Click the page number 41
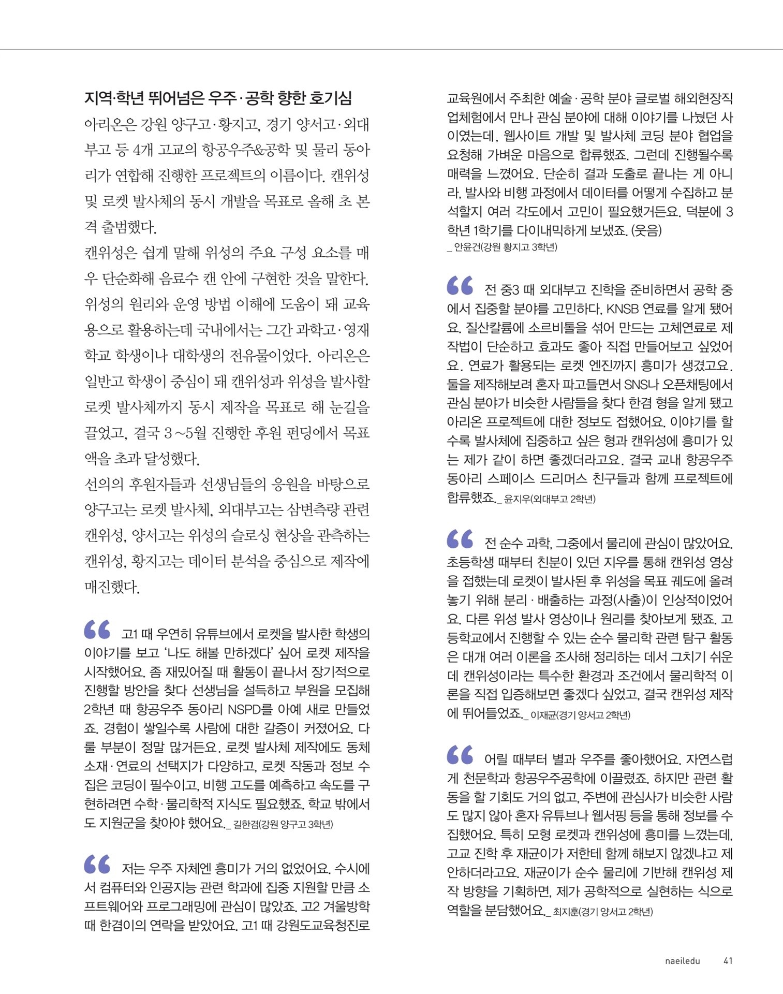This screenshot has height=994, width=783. pyautogui.click(x=728, y=961)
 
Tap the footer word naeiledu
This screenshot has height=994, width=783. pyautogui.click(x=682, y=961)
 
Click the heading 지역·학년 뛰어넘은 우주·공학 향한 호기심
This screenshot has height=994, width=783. pyautogui.click(x=218, y=98)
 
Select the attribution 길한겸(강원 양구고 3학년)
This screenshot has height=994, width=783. pyautogui.click(x=283, y=824)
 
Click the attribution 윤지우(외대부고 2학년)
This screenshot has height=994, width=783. pyautogui.click(x=550, y=499)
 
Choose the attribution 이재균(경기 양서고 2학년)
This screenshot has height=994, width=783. pyautogui.click(x=580, y=715)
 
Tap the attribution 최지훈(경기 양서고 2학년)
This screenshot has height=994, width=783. pyautogui.click(x=603, y=912)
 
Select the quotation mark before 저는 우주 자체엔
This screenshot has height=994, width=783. pyautogui.click(x=97, y=864)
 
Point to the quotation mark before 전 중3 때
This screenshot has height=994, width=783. pyautogui.click(x=460, y=285)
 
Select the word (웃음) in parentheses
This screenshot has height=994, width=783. pyautogui.click(x=646, y=230)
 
